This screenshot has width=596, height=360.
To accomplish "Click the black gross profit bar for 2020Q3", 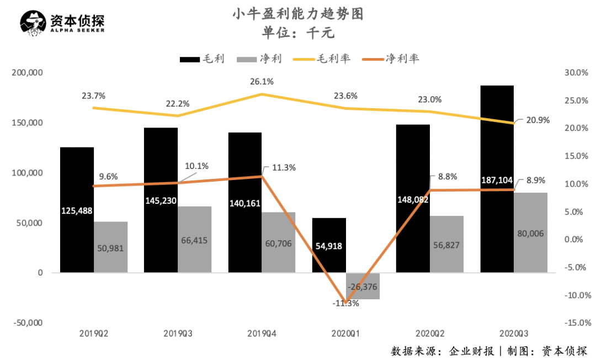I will [497, 138].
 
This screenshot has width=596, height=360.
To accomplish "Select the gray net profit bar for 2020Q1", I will [363, 286].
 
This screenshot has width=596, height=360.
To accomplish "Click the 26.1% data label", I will [262, 82].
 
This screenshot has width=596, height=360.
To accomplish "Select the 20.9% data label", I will [538, 120].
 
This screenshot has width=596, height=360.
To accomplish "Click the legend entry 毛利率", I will [333, 59].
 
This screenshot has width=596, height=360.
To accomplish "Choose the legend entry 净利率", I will [402, 59].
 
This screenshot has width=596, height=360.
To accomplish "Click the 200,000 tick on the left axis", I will [28, 73].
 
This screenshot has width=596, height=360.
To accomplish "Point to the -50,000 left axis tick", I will [28, 323].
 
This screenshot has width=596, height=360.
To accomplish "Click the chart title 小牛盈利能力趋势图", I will [298, 13].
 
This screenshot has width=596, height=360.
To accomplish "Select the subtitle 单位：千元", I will [298, 33].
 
